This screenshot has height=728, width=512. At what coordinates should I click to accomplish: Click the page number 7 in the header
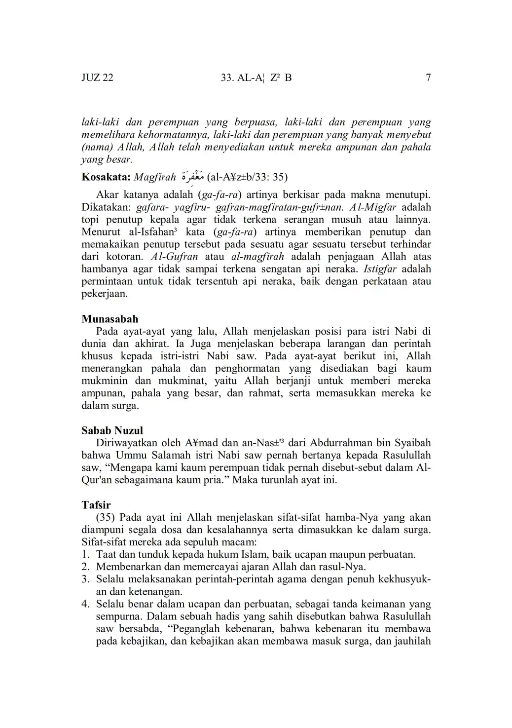point(428,77)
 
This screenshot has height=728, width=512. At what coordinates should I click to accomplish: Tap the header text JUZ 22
point(97,77)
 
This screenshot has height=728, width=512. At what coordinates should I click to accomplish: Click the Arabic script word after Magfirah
point(193,176)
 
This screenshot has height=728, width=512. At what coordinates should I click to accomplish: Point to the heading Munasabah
point(110,319)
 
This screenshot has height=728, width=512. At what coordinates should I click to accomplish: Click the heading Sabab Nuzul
point(112,430)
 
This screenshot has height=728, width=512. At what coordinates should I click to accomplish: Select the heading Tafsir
point(96,505)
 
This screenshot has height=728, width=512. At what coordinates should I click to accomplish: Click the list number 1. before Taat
point(85,554)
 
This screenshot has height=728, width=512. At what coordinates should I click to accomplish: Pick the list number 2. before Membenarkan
point(85,567)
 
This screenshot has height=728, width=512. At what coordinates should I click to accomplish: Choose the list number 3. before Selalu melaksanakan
point(85,579)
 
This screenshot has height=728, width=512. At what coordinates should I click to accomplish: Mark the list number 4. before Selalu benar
point(85,604)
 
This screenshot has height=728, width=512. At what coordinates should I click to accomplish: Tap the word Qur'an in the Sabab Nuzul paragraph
point(97,480)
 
